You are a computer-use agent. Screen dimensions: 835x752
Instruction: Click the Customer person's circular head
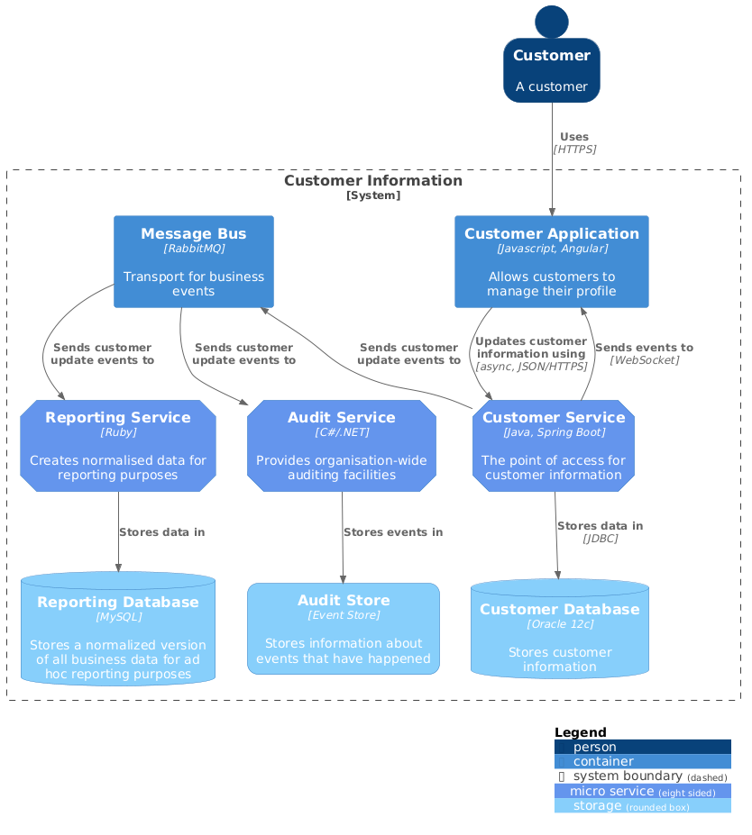[552, 22]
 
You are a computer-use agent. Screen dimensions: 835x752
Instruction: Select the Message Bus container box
[194, 261]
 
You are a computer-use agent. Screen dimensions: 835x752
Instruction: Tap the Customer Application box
[551, 261]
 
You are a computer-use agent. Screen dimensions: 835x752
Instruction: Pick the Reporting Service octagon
[118, 446]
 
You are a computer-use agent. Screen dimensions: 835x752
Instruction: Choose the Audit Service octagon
[342, 446]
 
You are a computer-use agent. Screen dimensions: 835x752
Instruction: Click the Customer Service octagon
[554, 446]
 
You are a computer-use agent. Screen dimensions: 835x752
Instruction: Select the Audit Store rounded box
[344, 629]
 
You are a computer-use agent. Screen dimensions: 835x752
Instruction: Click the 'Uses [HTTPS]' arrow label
[574, 143]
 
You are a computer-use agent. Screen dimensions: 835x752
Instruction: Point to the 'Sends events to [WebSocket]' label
[644, 353]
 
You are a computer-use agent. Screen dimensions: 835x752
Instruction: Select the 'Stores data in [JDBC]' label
[600, 531]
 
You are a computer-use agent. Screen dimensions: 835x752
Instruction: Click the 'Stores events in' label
[393, 532]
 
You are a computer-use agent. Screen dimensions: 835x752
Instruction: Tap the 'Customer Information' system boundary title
[373, 181]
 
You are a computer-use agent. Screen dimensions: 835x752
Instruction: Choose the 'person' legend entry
[595, 747]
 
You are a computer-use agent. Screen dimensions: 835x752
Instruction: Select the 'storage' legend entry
[599, 806]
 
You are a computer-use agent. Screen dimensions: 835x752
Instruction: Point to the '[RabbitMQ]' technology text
[194, 248]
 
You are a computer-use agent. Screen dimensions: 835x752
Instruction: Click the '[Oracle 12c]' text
[560, 623]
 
